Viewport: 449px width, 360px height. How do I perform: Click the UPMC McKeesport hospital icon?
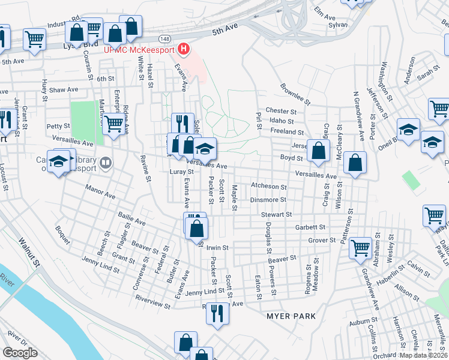tap(185, 49)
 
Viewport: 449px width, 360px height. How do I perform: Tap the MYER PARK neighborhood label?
tap(290, 316)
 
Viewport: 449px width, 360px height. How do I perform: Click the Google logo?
tap(20, 353)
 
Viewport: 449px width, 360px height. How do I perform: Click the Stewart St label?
tap(276, 214)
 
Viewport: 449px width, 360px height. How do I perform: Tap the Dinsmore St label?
tap(268, 200)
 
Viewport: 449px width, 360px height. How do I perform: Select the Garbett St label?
tap(310, 227)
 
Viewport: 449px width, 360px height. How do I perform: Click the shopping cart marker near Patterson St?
tap(360, 247)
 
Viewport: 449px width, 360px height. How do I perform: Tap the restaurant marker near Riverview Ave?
tap(217, 312)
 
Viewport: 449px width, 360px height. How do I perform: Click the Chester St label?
tap(282, 111)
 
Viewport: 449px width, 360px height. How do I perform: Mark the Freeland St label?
tap(287, 131)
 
